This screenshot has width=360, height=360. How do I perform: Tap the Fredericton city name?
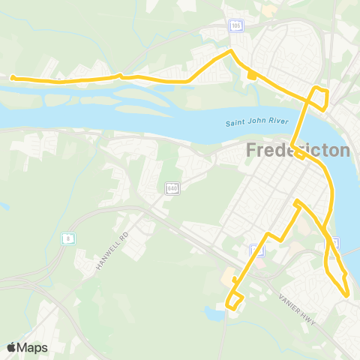tap(298, 151)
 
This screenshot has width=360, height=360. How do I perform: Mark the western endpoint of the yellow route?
tap(12, 76)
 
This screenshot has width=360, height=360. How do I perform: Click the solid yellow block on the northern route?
tap(251, 74)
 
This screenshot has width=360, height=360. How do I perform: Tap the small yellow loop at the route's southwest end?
tap(235, 301)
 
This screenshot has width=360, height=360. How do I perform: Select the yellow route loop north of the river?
tap(320, 99)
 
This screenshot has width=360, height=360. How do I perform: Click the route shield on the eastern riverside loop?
tap(335, 242)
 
